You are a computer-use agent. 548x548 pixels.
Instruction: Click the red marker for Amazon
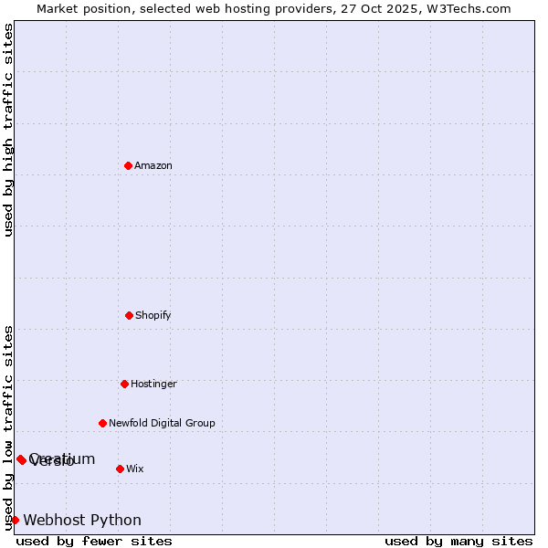128,165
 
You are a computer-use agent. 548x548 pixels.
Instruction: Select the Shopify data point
129,315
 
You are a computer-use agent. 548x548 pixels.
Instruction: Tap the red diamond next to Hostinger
124,384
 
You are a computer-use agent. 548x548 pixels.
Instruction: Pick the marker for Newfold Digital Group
102,423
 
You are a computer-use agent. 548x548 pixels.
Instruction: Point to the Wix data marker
120,469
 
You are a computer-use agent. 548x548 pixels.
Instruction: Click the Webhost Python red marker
15,520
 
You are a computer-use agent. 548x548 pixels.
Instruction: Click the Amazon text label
153,165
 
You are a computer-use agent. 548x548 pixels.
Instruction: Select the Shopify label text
153,315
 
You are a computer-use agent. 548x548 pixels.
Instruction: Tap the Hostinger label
153,384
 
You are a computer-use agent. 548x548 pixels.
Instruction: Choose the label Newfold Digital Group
162,423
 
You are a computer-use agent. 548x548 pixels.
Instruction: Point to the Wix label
135,469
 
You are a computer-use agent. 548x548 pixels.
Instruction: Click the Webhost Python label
82,520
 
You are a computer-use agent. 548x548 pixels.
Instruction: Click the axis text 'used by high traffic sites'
9,130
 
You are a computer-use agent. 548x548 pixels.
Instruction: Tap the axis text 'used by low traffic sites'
9,427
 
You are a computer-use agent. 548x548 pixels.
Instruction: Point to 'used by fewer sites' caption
94,541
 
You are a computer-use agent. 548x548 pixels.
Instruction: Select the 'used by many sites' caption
458,541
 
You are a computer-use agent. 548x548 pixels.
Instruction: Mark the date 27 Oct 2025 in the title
378,8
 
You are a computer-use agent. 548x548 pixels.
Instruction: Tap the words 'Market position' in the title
80,8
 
